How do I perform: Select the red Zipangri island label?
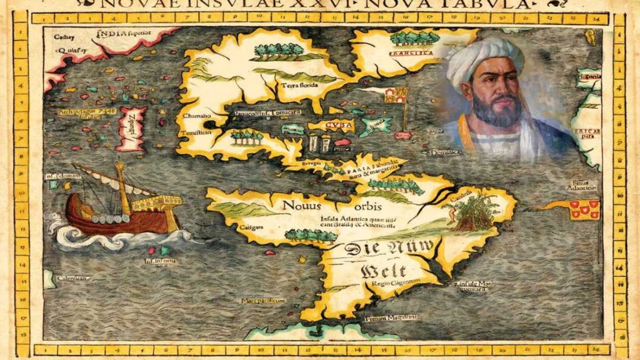click(x=133, y=129)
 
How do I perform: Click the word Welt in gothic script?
click(x=382, y=271)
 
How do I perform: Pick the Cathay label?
click(x=64, y=36)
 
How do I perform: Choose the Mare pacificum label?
click(x=263, y=301)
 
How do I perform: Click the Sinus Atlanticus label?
click(x=582, y=184)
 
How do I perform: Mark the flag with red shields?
click(x=583, y=209)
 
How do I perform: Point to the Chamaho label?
click(x=194, y=116)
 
